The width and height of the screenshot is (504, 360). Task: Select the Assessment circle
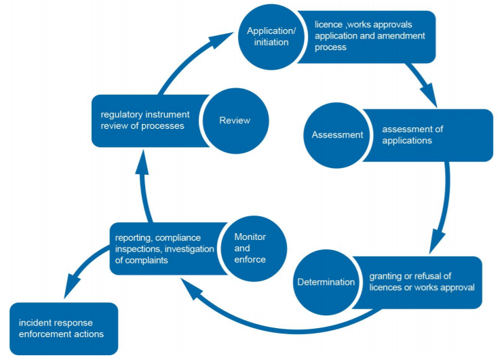point(337,135)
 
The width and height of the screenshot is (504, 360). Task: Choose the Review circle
point(235,121)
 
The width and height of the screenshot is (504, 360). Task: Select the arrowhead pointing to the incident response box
point(66,289)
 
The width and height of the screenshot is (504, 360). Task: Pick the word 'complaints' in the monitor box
point(148,260)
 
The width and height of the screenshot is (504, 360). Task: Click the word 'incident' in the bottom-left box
point(36,323)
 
